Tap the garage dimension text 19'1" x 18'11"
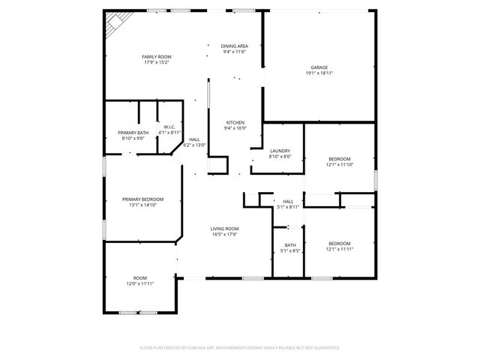pyautogui.click(x=319, y=73)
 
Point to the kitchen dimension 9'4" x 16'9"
pyautogui.click(x=234, y=128)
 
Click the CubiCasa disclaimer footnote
pyautogui.click(x=240, y=347)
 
